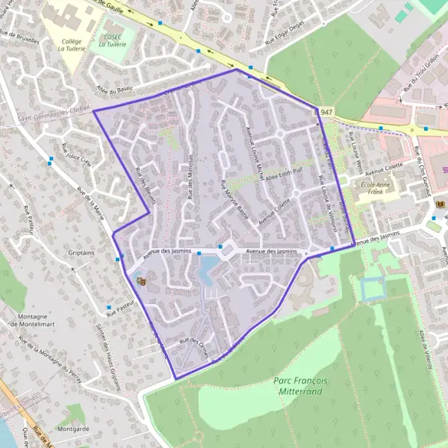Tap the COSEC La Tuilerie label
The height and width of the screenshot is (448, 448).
point(112,40)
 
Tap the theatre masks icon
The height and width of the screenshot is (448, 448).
point(141,280)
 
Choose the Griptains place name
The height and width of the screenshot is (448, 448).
point(81,252)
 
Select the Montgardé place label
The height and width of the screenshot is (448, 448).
point(72,429)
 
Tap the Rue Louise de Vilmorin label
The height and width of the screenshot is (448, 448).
point(327,199)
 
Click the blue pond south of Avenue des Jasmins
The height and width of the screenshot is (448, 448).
point(206,270)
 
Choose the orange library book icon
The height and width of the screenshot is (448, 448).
point(439,203)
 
